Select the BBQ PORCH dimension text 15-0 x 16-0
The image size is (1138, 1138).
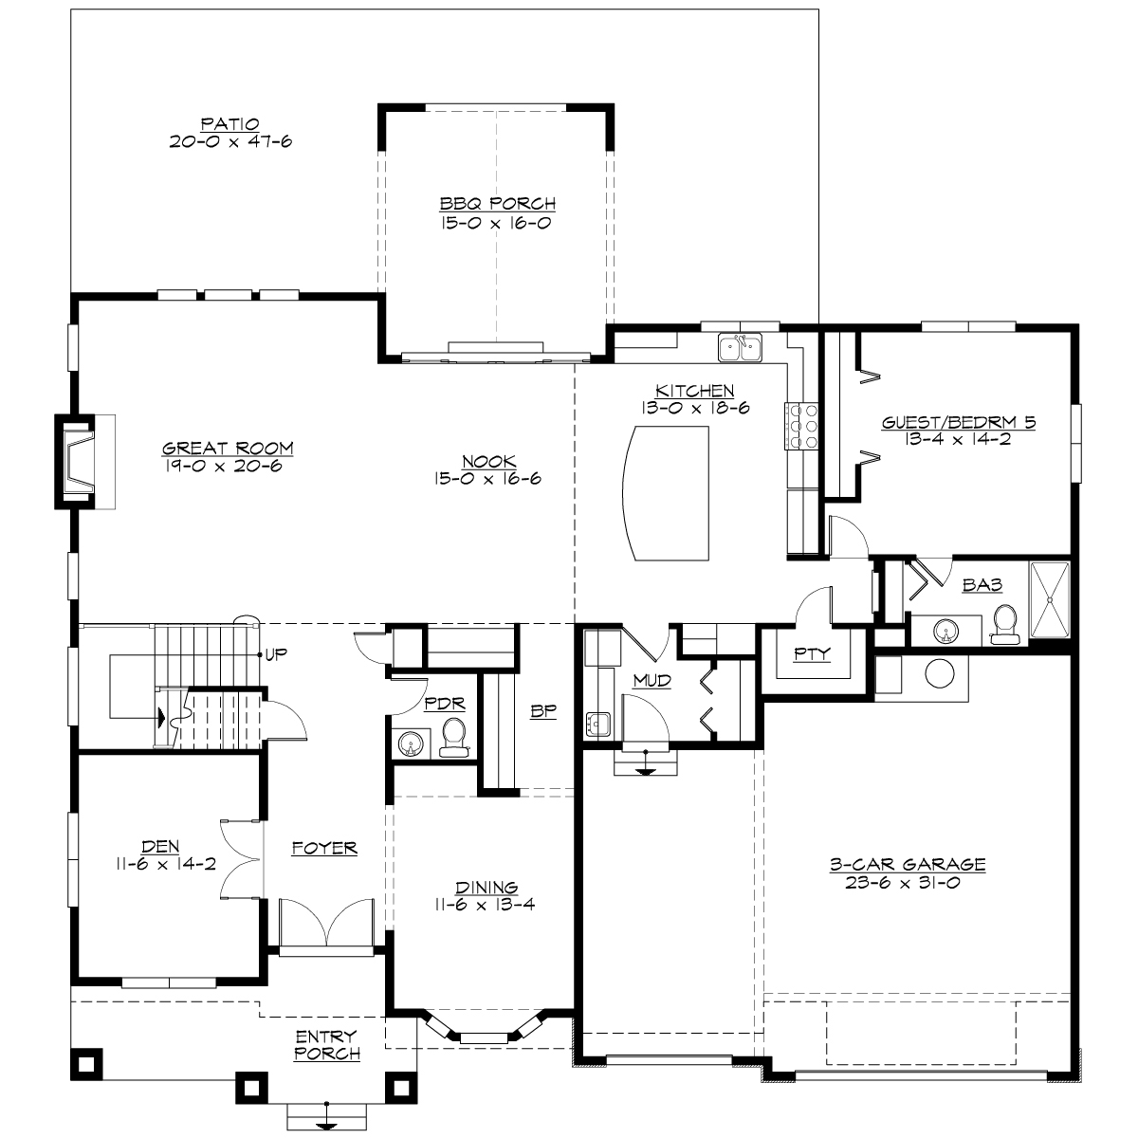click(x=496, y=224)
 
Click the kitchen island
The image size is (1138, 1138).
click(x=666, y=493)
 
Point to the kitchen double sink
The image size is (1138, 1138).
click(x=741, y=348)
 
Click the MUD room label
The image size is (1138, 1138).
click(x=652, y=681)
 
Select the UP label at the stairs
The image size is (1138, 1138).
click(x=277, y=654)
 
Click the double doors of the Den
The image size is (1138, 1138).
click(x=240, y=856)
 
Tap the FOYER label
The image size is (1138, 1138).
click(x=324, y=848)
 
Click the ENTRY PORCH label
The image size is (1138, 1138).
click(x=326, y=1045)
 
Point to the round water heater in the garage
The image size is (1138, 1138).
click(x=940, y=674)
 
